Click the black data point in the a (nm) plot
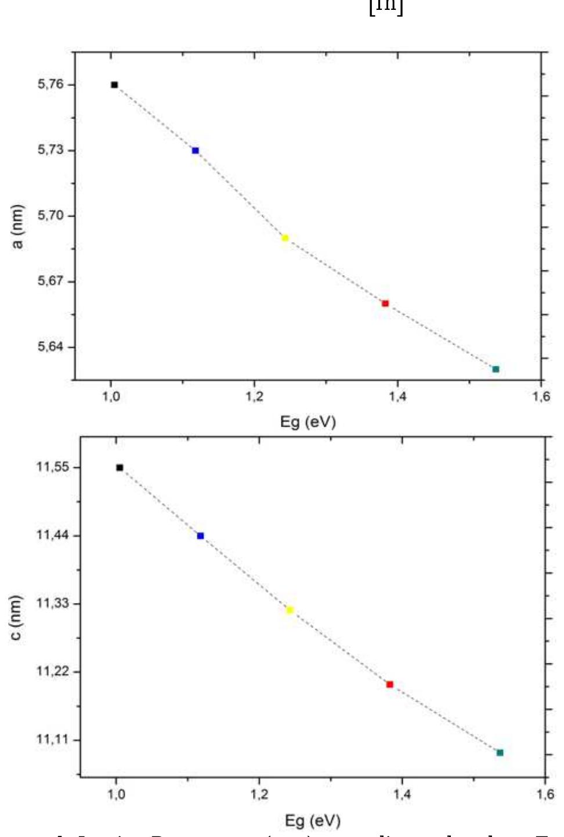pos(114,85)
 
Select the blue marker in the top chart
pos(196,151)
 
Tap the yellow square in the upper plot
pos(285,238)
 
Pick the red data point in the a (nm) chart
pos(385,304)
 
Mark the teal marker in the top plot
pos(496,369)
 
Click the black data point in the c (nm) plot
pos(120,467)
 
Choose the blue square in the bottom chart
pos(200,536)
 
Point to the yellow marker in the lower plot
pos(290,610)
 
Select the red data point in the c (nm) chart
pos(389,684)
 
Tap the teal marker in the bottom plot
pos(500,753)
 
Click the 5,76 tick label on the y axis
pos(50,85)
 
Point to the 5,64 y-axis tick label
pos(50,347)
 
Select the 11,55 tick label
pos(53,467)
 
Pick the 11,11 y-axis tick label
pos(53,739)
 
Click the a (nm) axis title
pos(18,226)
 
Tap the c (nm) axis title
pos(16,618)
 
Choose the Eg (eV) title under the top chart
pos(308,421)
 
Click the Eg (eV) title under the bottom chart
pos(312,820)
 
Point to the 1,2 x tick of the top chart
pos(254,396)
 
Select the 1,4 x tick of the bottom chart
pos(402,793)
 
